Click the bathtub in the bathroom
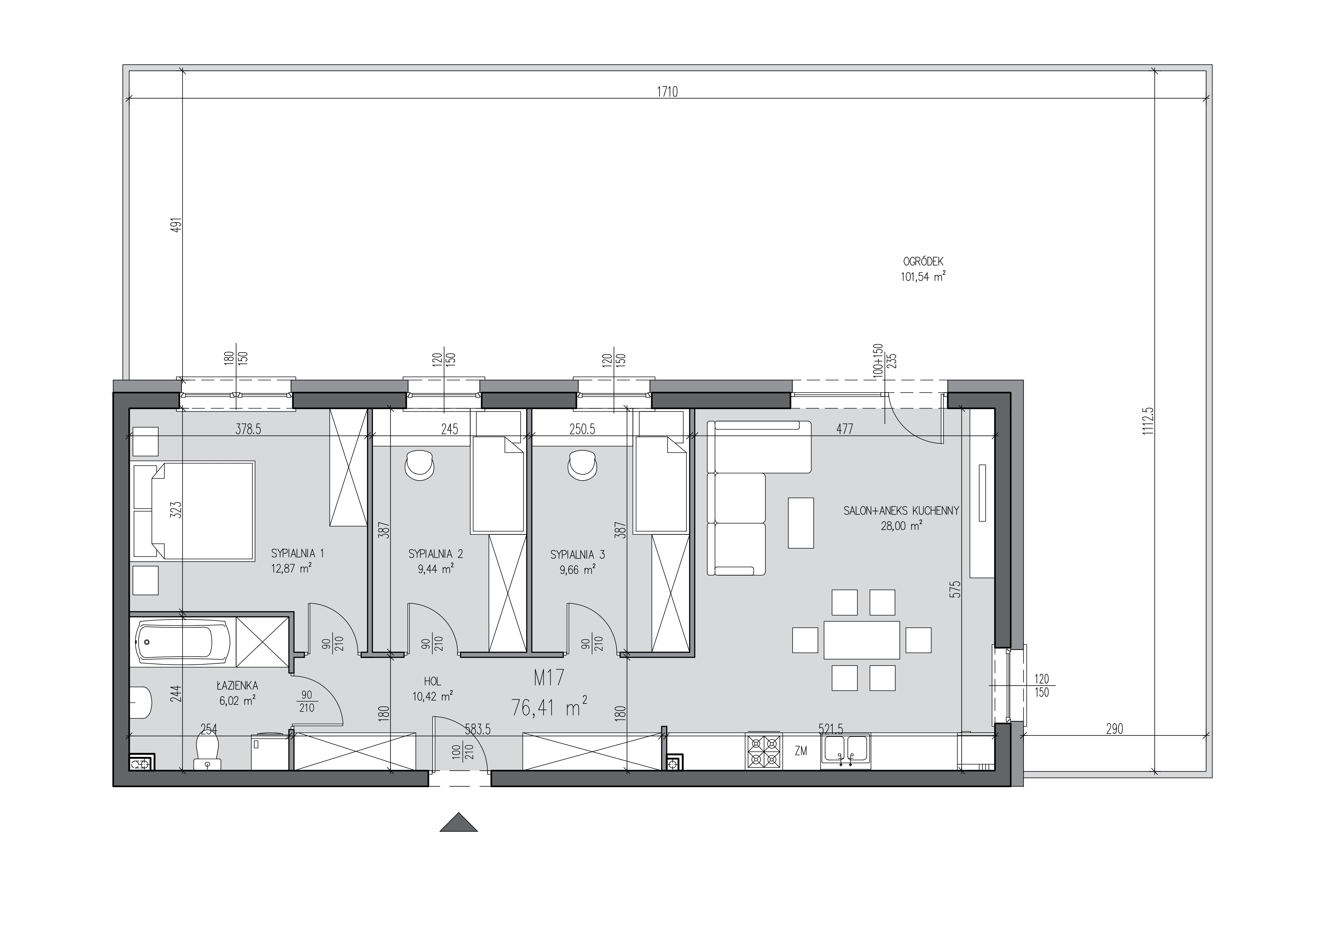[183, 643]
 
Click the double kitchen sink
[845, 752]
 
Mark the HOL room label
[433, 681]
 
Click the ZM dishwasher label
[801, 752]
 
